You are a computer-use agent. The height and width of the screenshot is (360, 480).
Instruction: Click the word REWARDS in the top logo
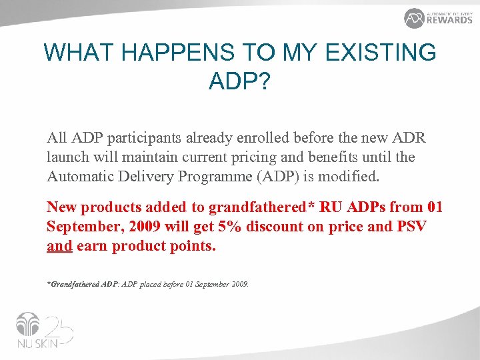point(449,20)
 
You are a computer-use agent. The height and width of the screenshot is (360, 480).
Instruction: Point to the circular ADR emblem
point(414,18)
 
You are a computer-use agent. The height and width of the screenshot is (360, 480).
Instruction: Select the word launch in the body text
point(68,157)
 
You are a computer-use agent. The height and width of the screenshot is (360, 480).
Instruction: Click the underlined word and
point(59,246)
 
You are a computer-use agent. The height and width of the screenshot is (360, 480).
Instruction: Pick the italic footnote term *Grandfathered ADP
point(81,284)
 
